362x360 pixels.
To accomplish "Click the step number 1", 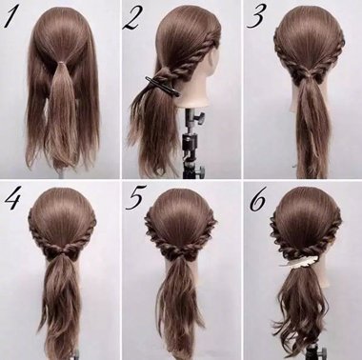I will pyautogui.click(x=12, y=19).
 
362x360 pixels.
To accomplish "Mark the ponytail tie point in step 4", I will pyautogui.click(x=59, y=255).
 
